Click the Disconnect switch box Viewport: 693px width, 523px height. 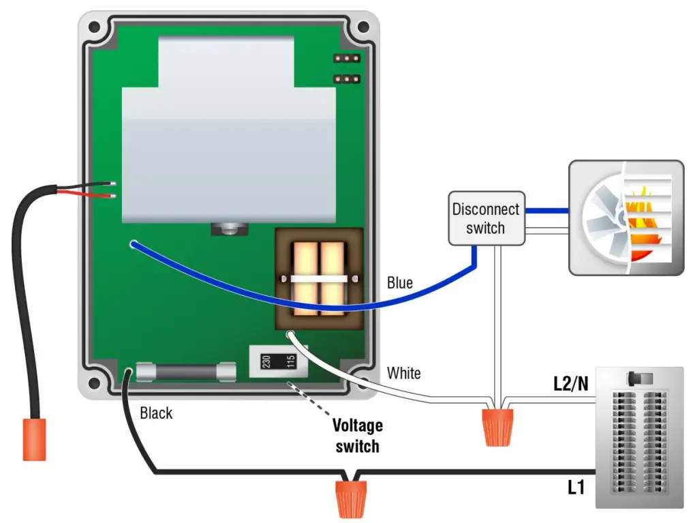click(x=485, y=218)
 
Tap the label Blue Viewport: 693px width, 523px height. click(x=399, y=282)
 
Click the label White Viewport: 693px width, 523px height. click(x=403, y=373)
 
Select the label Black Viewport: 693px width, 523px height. click(x=156, y=413)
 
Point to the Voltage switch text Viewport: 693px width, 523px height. click(x=357, y=436)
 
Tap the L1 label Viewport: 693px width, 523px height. click(x=576, y=487)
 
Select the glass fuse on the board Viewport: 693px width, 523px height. click(x=185, y=371)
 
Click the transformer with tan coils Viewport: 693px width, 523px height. click(x=319, y=280)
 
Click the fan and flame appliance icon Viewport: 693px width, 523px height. click(x=625, y=218)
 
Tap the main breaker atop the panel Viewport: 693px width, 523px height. click(x=638, y=378)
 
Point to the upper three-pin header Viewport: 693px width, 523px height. click(x=346, y=59)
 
